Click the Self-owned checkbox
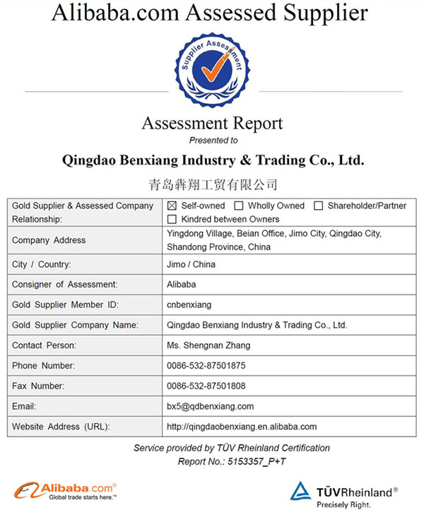pos(172,206)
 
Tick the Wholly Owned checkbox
pos(239,206)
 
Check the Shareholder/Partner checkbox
pos(319,206)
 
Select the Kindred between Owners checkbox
pos(172,220)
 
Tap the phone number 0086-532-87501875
pos(206,366)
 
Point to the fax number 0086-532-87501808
pos(206,386)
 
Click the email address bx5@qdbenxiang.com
pos(210,406)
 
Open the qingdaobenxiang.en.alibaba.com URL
pos(242,427)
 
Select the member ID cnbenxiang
pos(189,305)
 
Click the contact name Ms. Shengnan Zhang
pos(208,345)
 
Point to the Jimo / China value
pos(191,264)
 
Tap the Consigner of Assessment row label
pos(64,285)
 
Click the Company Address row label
pos(49,240)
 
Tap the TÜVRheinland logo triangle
pos(300,492)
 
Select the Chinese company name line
pos(213,185)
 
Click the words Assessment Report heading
pos(212,124)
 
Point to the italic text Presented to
pos(213,141)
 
